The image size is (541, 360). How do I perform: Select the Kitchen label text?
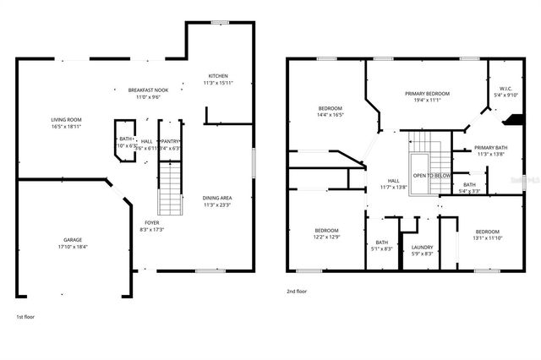217,76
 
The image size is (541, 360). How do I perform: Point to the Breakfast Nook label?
148,90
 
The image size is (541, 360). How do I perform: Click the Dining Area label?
217,198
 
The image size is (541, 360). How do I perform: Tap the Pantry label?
170,141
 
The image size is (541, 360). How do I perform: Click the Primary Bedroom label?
427,93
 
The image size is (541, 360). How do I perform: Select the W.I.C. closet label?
505,88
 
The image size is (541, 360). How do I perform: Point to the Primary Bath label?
491,147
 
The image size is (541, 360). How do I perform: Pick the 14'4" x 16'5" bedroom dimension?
331,115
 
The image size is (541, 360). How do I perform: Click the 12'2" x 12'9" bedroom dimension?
327,237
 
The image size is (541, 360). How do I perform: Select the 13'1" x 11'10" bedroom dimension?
487,238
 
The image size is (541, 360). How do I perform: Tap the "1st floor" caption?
25,316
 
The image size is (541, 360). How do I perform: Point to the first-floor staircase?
171,188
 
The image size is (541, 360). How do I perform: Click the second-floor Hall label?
394,180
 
